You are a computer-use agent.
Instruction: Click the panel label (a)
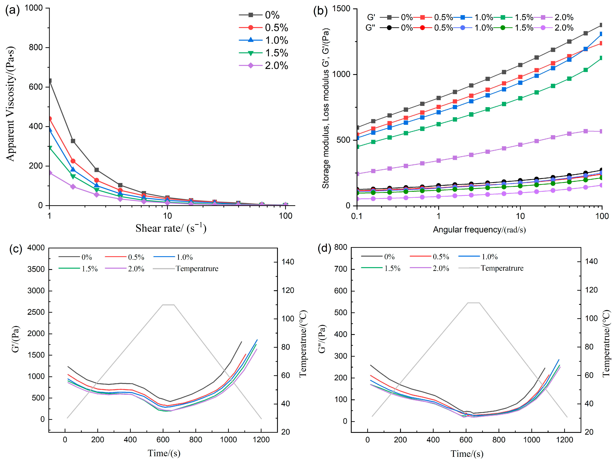point(12,11)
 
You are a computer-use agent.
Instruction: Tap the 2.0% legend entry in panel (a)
point(276,66)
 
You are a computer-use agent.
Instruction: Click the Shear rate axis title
point(171,228)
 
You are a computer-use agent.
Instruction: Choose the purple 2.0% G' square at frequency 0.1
point(357,174)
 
